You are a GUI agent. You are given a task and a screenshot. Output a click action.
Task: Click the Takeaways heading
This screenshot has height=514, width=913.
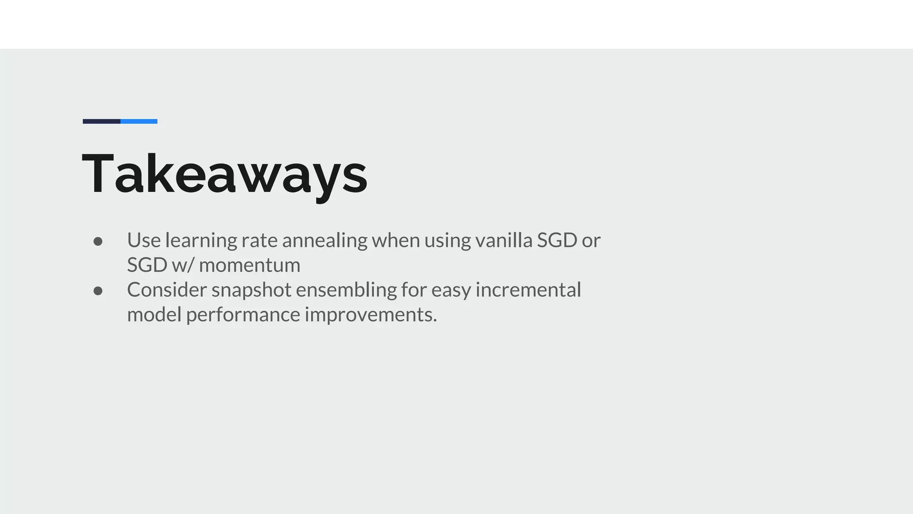click(225, 174)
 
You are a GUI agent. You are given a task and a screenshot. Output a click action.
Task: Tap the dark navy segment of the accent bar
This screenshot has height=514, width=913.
click(102, 121)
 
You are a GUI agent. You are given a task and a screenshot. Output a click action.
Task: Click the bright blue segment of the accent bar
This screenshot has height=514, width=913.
click(139, 121)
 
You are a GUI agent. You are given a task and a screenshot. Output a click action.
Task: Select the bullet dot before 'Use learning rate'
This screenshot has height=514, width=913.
click(98, 242)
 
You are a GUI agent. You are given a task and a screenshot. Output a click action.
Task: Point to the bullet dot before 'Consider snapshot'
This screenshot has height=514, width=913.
click(98, 291)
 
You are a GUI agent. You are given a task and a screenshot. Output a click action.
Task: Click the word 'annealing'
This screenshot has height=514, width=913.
click(325, 241)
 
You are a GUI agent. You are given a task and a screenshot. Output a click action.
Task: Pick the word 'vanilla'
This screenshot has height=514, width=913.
click(504, 240)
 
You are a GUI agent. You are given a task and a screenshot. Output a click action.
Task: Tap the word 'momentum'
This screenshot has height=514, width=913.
click(250, 265)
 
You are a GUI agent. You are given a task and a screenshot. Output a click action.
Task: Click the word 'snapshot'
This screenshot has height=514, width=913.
click(251, 290)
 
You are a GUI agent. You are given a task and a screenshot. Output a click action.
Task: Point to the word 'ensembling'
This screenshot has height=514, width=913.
click(346, 290)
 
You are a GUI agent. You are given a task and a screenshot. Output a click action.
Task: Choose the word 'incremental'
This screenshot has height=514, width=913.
click(528, 290)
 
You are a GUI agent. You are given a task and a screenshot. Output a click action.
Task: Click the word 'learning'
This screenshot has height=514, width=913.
click(201, 241)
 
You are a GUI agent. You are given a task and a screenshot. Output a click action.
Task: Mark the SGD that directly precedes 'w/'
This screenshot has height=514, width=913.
click(147, 265)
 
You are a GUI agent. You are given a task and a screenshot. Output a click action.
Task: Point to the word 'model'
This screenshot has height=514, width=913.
click(154, 315)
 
